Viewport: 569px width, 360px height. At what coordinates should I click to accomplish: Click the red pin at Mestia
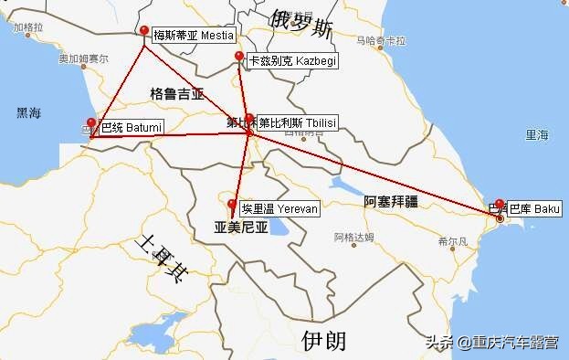(144, 31)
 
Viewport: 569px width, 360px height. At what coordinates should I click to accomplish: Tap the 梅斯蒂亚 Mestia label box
(193, 36)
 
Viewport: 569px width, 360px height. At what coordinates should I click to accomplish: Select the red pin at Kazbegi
(239, 58)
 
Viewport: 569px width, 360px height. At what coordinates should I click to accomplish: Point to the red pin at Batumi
(91, 123)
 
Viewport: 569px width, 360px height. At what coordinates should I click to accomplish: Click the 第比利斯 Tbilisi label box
(298, 122)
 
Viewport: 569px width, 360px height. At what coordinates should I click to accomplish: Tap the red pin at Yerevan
(232, 205)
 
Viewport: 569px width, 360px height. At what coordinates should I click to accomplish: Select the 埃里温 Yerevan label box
(279, 208)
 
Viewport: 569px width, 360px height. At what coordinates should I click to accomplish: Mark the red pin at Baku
(500, 205)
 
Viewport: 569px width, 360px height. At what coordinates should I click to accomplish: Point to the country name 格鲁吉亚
(177, 94)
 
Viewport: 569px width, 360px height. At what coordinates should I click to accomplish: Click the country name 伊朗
(324, 341)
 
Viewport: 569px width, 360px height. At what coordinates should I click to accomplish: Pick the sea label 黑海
(29, 113)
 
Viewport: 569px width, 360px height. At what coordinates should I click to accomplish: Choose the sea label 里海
(537, 135)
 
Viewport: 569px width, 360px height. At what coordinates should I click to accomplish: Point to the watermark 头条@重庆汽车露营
(492, 343)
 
